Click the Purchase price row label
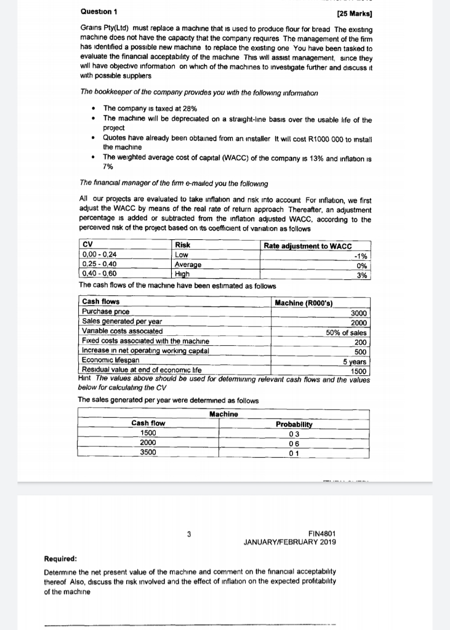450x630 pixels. tap(102, 312)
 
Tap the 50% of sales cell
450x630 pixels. tap(346, 332)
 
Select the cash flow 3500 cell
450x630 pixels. tap(148, 452)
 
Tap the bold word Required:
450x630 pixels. tap(60, 559)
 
